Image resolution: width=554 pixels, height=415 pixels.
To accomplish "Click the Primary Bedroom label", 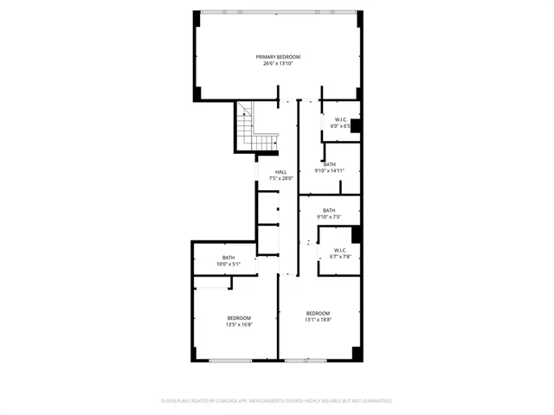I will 277,57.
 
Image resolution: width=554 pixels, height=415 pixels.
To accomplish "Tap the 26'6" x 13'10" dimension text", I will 277,63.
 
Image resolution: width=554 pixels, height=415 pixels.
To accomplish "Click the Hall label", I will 281,172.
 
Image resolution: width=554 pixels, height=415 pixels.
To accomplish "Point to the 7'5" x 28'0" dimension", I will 281,179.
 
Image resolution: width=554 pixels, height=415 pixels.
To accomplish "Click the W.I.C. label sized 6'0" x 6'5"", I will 341,119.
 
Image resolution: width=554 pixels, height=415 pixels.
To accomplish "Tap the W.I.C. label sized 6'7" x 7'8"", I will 340,250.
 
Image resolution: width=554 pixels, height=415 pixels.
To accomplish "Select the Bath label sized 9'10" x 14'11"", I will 329,164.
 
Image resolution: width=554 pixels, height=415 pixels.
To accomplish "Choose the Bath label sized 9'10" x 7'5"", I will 329,210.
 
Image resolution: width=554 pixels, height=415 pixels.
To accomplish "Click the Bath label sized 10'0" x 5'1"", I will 229,257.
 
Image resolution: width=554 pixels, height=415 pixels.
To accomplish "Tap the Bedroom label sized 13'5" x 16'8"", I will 239,318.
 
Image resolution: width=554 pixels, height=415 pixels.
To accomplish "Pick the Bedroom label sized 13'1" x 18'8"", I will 318,313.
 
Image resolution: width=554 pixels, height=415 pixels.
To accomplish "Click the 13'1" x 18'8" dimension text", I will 318,320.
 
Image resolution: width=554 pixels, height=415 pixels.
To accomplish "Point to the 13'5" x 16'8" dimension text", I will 239,325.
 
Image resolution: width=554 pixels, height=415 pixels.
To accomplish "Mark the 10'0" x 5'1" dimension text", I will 229,264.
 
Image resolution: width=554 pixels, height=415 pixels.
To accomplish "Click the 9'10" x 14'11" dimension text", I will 329,171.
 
